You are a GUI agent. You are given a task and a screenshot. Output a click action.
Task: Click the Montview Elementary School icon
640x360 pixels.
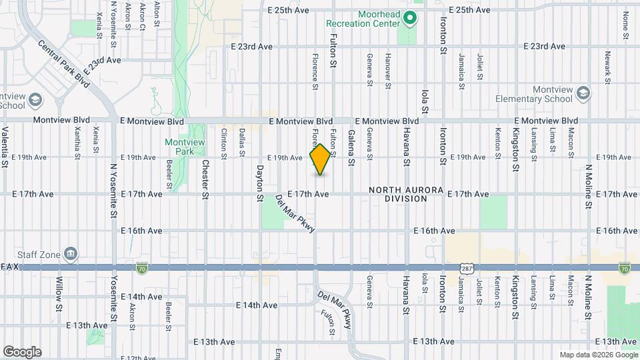coord(584,93)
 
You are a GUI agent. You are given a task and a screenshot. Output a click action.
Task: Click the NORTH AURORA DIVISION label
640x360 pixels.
coord(406,194)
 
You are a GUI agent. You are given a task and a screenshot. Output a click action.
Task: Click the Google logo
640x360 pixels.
coord(22,351)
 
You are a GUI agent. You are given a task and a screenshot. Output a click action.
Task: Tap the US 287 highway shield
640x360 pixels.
coord(465,267)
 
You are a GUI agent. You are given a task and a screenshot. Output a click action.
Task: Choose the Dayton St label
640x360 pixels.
coord(260,183)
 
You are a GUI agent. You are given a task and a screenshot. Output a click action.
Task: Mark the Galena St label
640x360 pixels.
coord(351,147)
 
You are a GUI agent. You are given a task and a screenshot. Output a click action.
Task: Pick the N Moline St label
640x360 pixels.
coord(588,189)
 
